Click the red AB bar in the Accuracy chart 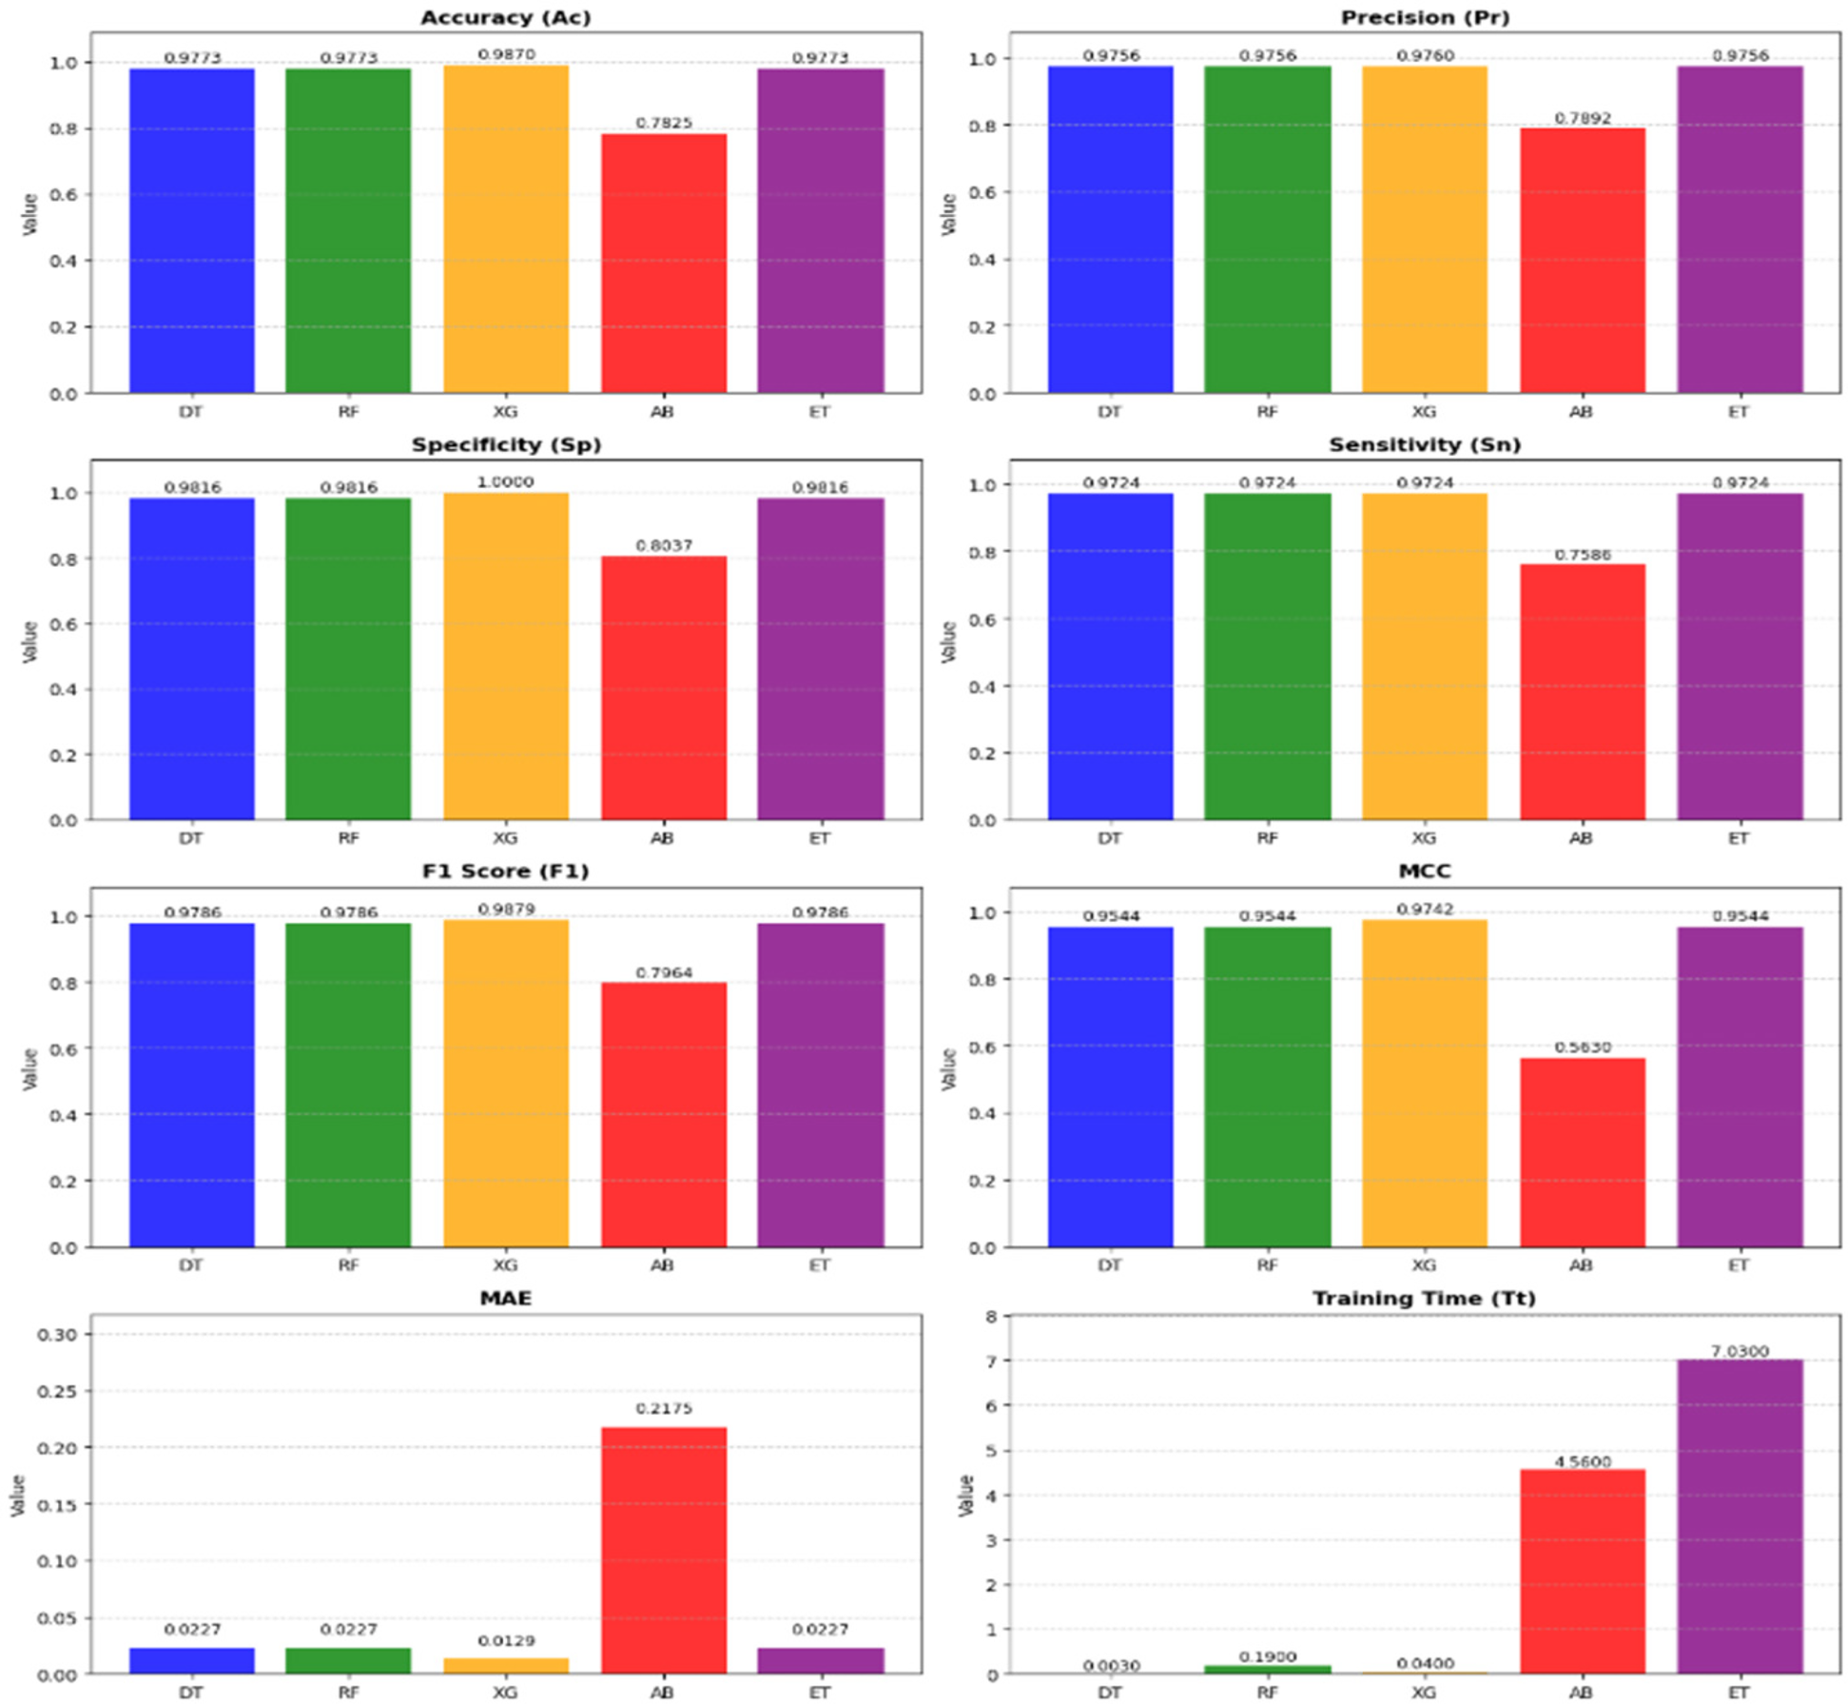click(663, 264)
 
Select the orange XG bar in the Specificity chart click(505, 656)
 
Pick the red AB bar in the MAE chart click(663, 1550)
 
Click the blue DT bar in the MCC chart click(1110, 1087)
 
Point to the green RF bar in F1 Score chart click(348, 1085)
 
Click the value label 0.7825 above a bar click(663, 123)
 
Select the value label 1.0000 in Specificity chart click(505, 481)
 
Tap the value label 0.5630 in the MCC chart click(1582, 1047)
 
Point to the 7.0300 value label click(1740, 1350)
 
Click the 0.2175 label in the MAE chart click(663, 1408)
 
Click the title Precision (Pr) click(1424, 17)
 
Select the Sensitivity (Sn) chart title click(1424, 444)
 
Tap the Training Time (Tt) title click(1424, 1298)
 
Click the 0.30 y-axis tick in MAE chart click(57, 1334)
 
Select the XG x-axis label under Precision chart click(1424, 412)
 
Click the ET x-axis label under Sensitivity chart click(1738, 838)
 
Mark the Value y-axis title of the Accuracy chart click(30, 213)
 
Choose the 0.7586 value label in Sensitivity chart click(1582, 555)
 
